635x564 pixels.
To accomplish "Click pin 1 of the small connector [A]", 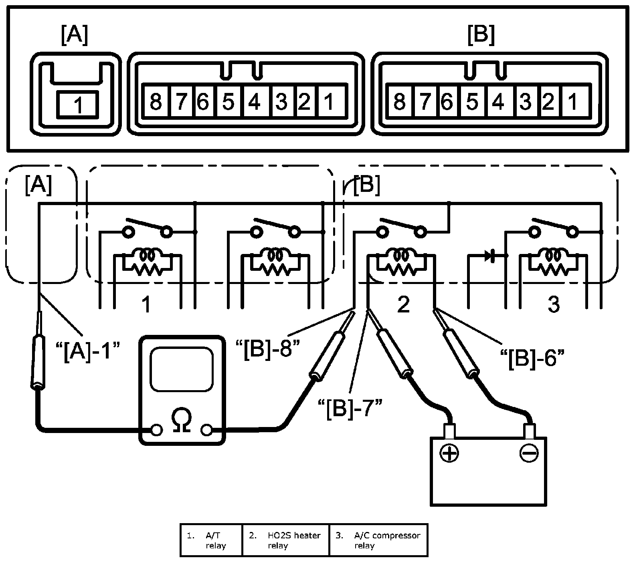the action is (x=78, y=105).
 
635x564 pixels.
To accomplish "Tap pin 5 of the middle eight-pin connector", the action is (x=229, y=101).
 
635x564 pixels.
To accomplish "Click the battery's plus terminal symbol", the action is (x=449, y=453).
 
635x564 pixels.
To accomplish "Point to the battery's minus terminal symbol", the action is (x=528, y=453).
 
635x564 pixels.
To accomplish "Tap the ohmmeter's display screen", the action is (x=181, y=369).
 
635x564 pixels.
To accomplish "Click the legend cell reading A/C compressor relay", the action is (x=378, y=540).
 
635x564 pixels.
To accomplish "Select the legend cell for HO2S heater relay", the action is (x=285, y=540).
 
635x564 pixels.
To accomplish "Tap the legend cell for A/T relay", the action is (x=211, y=540).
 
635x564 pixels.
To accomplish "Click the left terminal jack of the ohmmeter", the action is (x=156, y=430).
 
